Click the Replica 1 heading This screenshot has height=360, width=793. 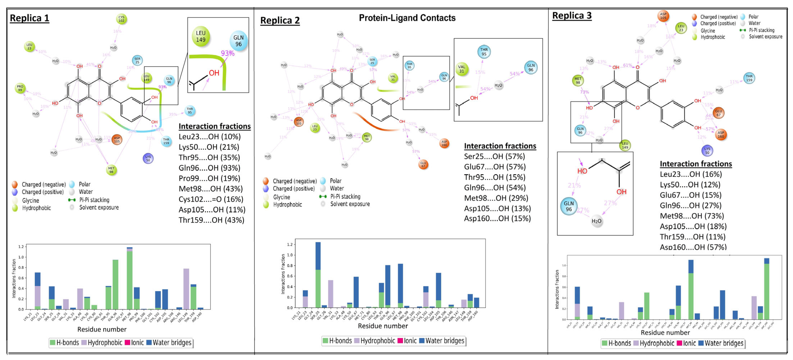29,18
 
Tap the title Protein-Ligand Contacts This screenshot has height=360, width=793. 407,18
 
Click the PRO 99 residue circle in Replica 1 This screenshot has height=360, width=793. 20,88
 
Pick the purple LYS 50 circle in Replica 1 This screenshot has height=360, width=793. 148,158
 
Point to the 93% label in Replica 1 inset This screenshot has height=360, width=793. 227,53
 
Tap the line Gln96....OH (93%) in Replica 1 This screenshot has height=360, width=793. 209,168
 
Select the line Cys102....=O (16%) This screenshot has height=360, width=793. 211,199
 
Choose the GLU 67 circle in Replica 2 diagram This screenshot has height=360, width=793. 423,165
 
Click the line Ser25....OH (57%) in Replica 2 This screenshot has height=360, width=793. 494,156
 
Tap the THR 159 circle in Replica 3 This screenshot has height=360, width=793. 749,78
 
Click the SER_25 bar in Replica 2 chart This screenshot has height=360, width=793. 318,274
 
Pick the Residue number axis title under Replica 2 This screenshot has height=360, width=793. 383,326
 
